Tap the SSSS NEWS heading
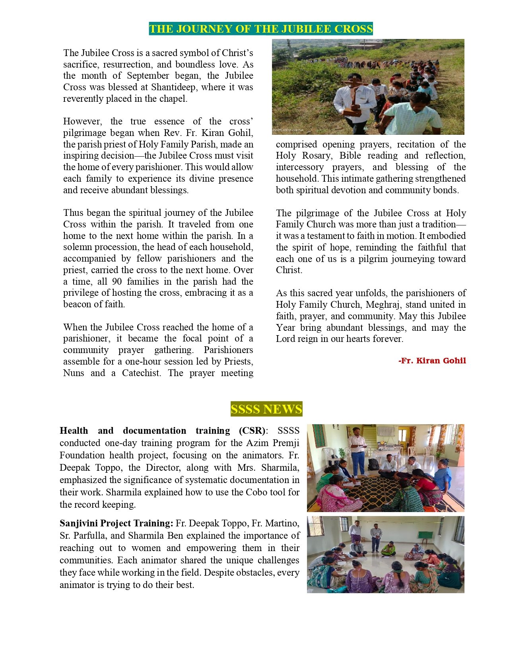[x=266, y=409]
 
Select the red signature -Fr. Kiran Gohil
[x=432, y=361]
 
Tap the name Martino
[x=282, y=523]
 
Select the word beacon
[x=78, y=305]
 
